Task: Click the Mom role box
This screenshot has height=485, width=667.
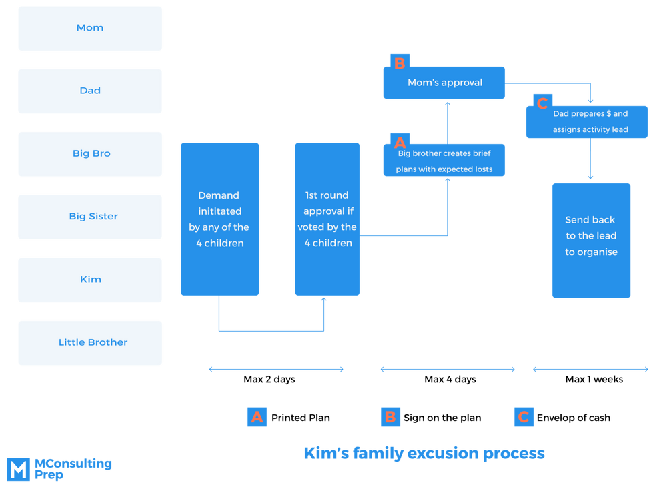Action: pos(90,29)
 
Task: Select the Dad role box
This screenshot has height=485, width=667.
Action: pos(90,91)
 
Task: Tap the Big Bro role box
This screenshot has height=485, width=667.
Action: pos(90,154)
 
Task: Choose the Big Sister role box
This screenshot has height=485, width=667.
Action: pos(90,217)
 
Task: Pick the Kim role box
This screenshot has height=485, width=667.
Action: pos(90,280)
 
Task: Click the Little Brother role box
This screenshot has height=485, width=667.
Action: pos(90,343)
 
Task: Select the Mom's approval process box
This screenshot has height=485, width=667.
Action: pos(444,83)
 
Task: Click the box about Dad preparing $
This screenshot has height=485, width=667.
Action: pos(587,122)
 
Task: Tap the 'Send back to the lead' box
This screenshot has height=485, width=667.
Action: pos(591,240)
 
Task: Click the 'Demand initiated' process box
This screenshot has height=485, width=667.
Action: pos(220,219)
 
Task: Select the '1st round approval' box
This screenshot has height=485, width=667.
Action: pos(327,219)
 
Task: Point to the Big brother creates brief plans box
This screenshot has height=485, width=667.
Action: pos(444,160)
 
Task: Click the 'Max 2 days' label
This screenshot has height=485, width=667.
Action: pos(269,379)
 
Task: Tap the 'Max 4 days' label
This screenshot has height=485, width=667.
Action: pos(450,379)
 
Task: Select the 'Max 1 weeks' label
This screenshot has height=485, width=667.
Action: pos(594,379)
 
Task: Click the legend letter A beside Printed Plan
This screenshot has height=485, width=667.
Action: pos(257,417)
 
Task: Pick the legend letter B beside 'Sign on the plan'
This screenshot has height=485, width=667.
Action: pos(390,417)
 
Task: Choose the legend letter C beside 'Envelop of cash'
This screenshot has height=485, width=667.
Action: pos(524,417)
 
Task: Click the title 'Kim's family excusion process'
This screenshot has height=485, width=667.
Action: pos(424,454)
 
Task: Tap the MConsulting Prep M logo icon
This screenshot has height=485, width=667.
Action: pos(18,469)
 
